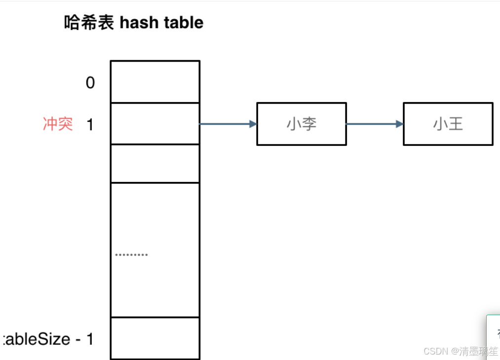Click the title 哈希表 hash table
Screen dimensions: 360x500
[134, 23]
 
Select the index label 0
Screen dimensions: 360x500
[90, 83]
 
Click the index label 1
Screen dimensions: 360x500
[90, 125]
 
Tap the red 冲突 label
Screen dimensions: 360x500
[58, 124]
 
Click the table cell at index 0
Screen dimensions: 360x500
[155, 82]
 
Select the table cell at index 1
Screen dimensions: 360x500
[155, 124]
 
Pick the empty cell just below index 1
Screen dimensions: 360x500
[155, 164]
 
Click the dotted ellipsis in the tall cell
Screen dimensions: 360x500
[131, 255]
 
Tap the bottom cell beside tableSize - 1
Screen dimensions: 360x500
[155, 338]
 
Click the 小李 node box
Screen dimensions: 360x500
[301, 124]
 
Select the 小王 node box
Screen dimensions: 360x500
[448, 124]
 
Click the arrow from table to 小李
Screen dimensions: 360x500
[227, 124]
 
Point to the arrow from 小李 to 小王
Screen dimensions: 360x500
[374, 124]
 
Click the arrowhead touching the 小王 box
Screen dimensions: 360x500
[400, 124]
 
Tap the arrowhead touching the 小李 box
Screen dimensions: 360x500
[253, 124]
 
